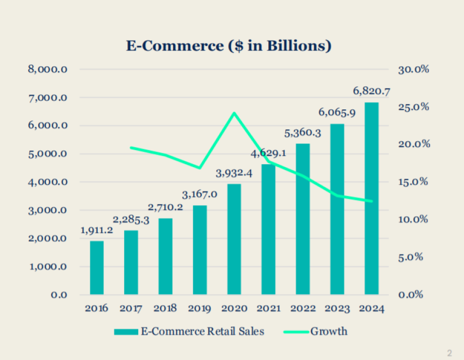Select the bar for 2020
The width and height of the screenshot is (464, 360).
coord(234,239)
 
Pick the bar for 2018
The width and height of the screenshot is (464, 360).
coord(165,256)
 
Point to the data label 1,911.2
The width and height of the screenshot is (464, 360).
coord(97,230)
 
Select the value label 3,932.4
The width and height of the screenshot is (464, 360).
coord(234,173)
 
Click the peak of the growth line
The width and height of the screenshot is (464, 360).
coord(234,113)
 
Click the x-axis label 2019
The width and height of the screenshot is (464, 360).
coord(199,309)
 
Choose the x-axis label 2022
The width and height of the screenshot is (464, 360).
coord(303,309)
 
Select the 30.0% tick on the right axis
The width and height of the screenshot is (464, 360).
coord(414,69)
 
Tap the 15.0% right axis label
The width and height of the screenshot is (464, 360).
coord(414,182)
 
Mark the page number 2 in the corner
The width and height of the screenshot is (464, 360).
coord(449,353)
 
